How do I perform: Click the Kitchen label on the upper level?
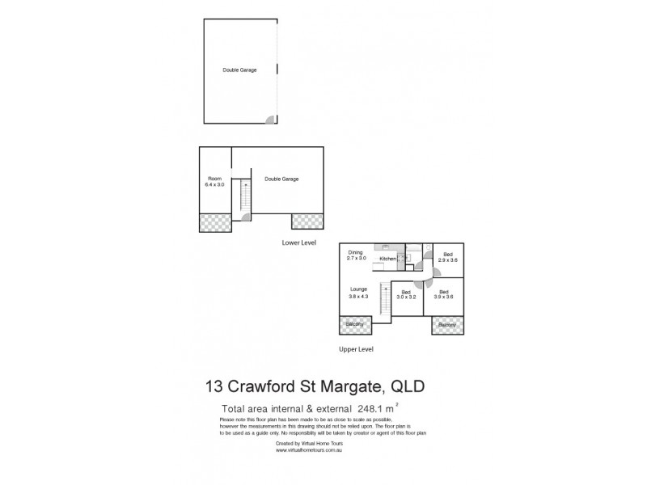click(387, 259)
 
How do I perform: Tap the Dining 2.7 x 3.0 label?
click(357, 255)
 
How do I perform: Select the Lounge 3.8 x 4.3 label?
click(358, 292)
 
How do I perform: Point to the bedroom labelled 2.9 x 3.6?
click(447, 258)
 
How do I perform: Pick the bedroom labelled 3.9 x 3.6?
click(446, 294)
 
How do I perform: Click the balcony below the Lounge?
click(354, 324)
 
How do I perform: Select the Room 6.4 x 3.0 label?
click(214, 182)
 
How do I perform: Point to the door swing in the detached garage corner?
click(271, 120)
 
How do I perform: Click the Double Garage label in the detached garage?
click(239, 70)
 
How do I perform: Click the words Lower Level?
click(298, 242)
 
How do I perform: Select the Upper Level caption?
click(356, 349)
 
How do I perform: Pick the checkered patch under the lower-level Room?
click(215, 221)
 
